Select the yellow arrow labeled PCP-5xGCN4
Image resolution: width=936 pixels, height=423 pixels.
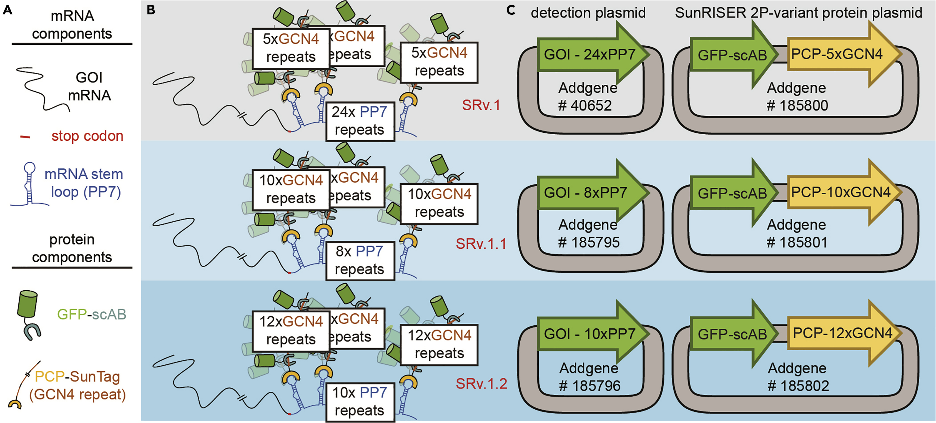839,54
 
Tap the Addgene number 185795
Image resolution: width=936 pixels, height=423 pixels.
589,243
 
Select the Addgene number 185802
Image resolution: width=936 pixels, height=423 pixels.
798,386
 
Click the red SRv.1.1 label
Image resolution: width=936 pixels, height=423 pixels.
481,244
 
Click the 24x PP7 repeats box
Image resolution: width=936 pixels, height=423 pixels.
360,121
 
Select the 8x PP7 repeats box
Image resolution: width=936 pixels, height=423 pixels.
360,260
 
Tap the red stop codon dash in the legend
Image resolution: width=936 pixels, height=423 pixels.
25,137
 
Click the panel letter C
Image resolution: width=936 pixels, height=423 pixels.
511,10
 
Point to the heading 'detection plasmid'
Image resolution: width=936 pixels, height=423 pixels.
588,13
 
